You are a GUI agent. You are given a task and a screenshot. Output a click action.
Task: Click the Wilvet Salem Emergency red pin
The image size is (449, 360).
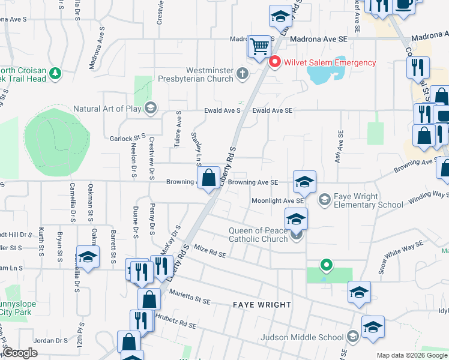(x=276, y=61)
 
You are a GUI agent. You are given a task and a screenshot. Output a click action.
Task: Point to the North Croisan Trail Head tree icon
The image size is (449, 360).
(x=55, y=73)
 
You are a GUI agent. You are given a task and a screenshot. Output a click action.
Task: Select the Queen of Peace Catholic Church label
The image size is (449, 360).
(x=260, y=235)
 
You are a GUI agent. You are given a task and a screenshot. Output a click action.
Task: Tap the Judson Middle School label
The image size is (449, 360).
(x=303, y=337)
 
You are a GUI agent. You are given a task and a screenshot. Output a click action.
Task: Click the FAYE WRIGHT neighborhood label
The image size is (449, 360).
(x=262, y=305)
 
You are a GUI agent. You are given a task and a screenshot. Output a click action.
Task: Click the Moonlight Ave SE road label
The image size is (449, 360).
(x=274, y=201)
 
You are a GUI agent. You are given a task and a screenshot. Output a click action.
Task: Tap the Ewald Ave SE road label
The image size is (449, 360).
(x=272, y=111)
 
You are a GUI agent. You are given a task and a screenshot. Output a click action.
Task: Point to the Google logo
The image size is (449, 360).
(x=21, y=353)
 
